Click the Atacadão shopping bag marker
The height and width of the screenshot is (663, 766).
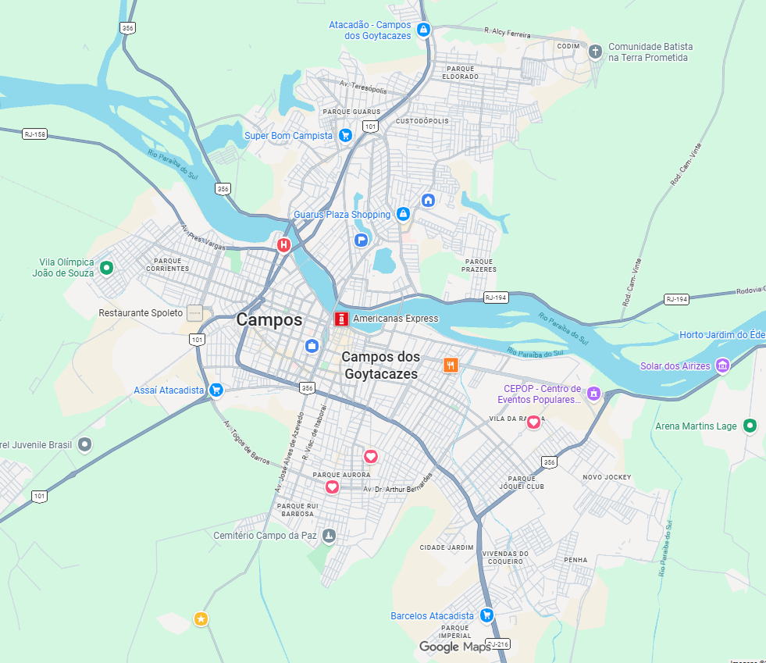pos(423,30)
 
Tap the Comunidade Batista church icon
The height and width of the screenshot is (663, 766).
pos(595,52)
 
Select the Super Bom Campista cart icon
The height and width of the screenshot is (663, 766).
pos(345,135)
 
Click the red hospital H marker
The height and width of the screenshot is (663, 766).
pos(284,245)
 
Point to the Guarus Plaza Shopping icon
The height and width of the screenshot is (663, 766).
pos(403,214)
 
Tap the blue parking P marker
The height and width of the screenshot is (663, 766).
pos(362,240)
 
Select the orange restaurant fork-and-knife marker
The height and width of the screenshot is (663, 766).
pos(451,365)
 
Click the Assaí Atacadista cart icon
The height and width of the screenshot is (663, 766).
pos(216,390)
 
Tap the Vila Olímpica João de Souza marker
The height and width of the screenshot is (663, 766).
pos(107,268)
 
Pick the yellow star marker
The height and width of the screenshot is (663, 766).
pos(201,619)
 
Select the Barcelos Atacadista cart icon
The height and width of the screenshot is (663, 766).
pos(486,615)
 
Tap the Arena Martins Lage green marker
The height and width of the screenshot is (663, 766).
pos(750,426)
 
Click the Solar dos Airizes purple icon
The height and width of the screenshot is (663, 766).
pos(722,365)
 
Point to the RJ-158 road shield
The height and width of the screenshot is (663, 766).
pos(35,134)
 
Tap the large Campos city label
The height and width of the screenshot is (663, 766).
pos(269,319)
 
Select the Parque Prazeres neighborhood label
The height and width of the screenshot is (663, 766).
pos(479,266)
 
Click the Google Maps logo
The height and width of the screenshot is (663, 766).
pos(454,647)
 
